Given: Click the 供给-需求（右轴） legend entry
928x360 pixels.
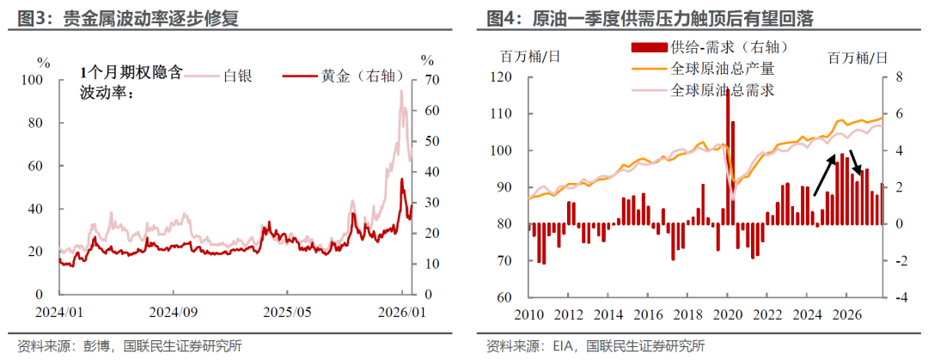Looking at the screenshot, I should pyautogui.click(x=710, y=46).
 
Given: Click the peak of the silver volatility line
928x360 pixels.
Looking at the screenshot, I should pyautogui.click(x=401, y=91).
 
